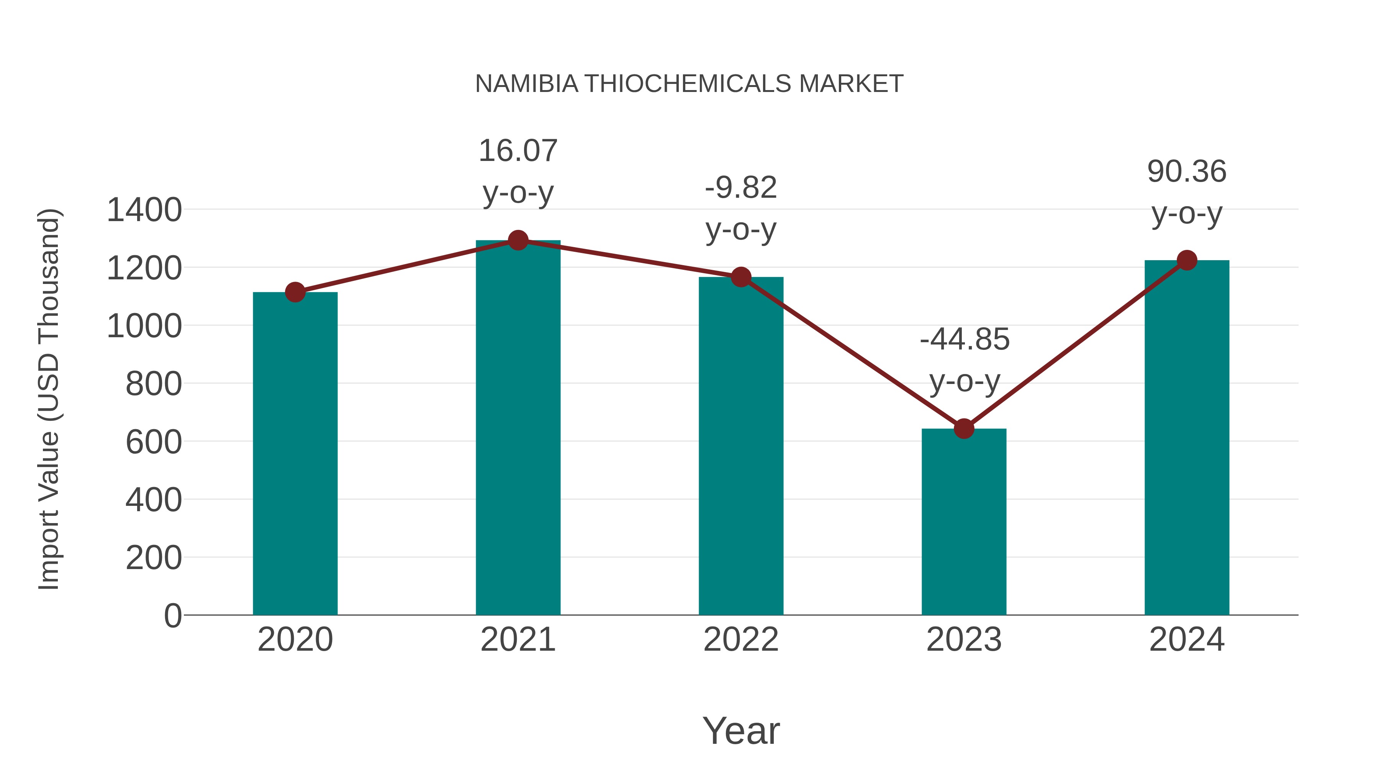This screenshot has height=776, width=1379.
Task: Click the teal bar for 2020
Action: tap(295, 455)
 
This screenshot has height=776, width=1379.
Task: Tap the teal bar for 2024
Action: tap(1187, 439)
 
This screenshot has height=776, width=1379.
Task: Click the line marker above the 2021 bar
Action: tap(518, 240)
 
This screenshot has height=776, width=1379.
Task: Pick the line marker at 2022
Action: tap(741, 277)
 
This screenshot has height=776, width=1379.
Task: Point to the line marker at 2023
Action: tap(964, 428)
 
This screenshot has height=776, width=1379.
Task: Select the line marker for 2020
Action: tap(295, 292)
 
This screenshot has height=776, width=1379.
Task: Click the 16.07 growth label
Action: tap(518, 151)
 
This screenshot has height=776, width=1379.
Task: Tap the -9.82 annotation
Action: tap(741, 188)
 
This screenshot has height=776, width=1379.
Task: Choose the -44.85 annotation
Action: tap(964, 340)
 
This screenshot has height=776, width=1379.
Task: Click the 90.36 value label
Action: tap(1187, 172)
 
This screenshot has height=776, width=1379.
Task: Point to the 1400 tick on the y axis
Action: tap(144, 210)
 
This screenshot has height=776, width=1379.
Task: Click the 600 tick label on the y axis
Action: tap(154, 442)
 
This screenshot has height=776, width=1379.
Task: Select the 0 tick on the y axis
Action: tap(173, 616)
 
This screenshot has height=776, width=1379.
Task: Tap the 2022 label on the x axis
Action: tap(741, 640)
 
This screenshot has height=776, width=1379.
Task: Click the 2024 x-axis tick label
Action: tap(1187, 640)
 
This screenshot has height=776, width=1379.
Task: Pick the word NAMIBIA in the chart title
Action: tap(527, 84)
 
